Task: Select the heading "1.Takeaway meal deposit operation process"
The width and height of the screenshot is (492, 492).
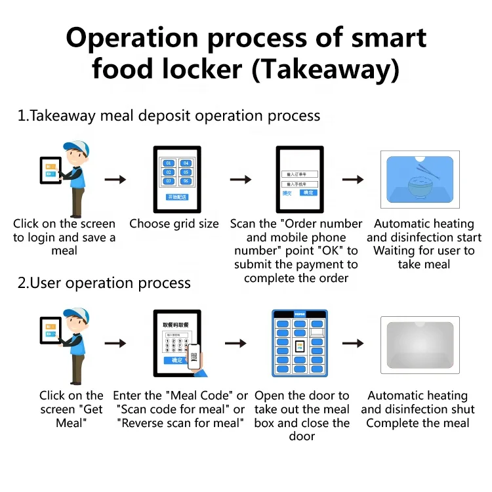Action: point(169,116)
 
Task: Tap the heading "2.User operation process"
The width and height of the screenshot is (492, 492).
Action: point(104,283)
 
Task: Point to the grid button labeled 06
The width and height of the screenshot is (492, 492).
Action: point(186,181)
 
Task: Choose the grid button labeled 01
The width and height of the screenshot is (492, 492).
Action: point(168,163)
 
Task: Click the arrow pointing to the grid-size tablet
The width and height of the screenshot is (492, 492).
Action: point(115,180)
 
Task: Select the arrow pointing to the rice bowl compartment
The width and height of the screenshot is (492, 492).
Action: point(354,180)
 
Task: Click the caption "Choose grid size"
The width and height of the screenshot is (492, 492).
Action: point(174,224)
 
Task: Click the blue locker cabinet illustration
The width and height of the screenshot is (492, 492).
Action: point(300,343)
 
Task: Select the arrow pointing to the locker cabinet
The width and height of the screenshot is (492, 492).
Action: point(236,343)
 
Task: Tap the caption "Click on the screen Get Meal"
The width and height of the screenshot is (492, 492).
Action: point(71,409)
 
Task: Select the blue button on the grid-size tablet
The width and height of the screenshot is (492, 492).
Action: point(176,197)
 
